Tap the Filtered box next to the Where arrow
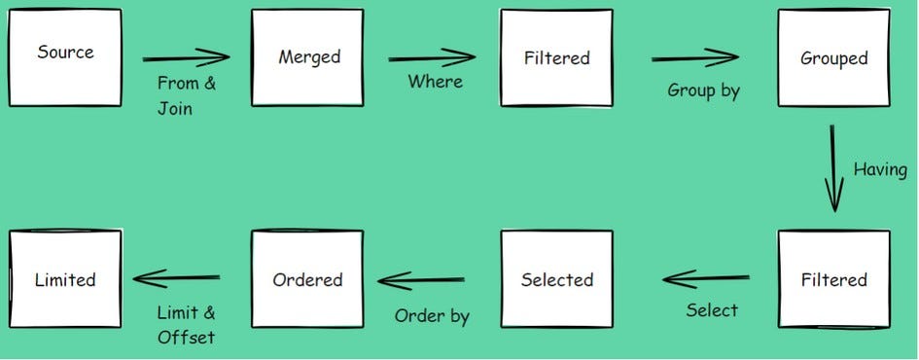pyautogui.click(x=556, y=57)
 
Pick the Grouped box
pyautogui.click(x=833, y=57)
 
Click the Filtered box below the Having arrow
pyautogui.click(x=833, y=279)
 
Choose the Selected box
pyautogui.click(x=556, y=279)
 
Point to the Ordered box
pyautogui.click(x=307, y=279)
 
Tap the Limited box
pyautogui.click(x=64, y=279)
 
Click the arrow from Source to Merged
pyautogui.click(x=186, y=58)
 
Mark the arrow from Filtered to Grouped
pyautogui.click(x=695, y=58)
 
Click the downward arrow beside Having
pyautogui.click(x=833, y=166)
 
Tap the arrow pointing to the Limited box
pyautogui.click(x=177, y=279)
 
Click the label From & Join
pyautogui.click(x=186, y=95)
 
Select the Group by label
pyautogui.click(x=703, y=90)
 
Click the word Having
pyautogui.click(x=880, y=168)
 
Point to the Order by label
pyautogui.click(x=432, y=315)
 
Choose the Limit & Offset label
pyautogui.click(x=186, y=325)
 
